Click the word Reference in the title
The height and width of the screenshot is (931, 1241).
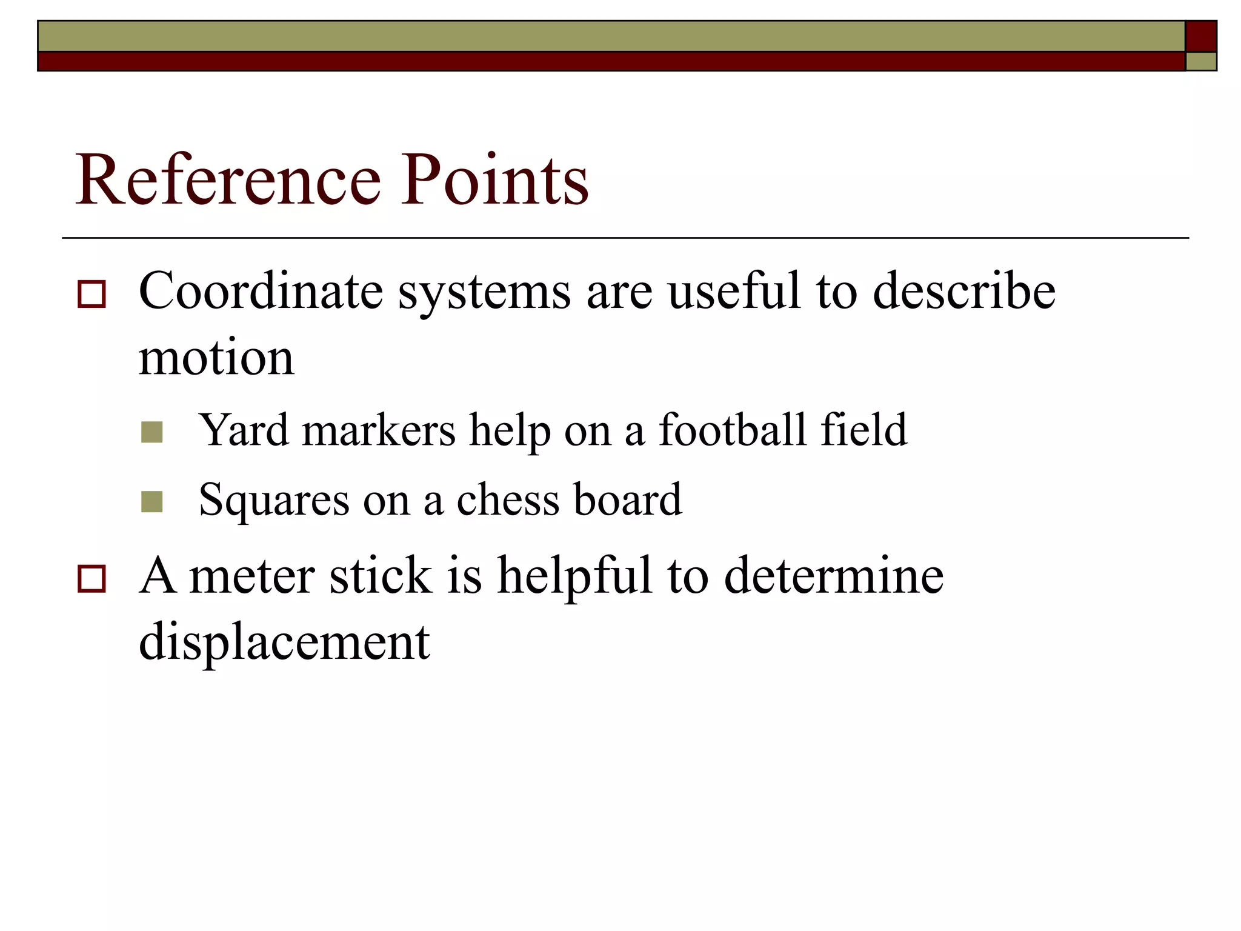[228, 180]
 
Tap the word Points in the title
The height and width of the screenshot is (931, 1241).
[494, 180]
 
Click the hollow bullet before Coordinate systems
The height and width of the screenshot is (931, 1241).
[91, 295]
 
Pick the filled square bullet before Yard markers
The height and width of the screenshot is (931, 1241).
[151, 432]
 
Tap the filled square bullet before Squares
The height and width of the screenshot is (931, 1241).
[151, 502]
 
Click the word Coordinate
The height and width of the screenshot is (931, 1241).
[261, 291]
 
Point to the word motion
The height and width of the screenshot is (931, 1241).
[216, 358]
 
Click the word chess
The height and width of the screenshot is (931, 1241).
[508, 500]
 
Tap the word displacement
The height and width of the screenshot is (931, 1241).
[284, 641]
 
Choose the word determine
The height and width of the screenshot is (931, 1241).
[834, 575]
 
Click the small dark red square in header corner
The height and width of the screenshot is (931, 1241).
[1200, 36]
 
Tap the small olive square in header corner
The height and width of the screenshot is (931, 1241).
[1200, 62]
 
